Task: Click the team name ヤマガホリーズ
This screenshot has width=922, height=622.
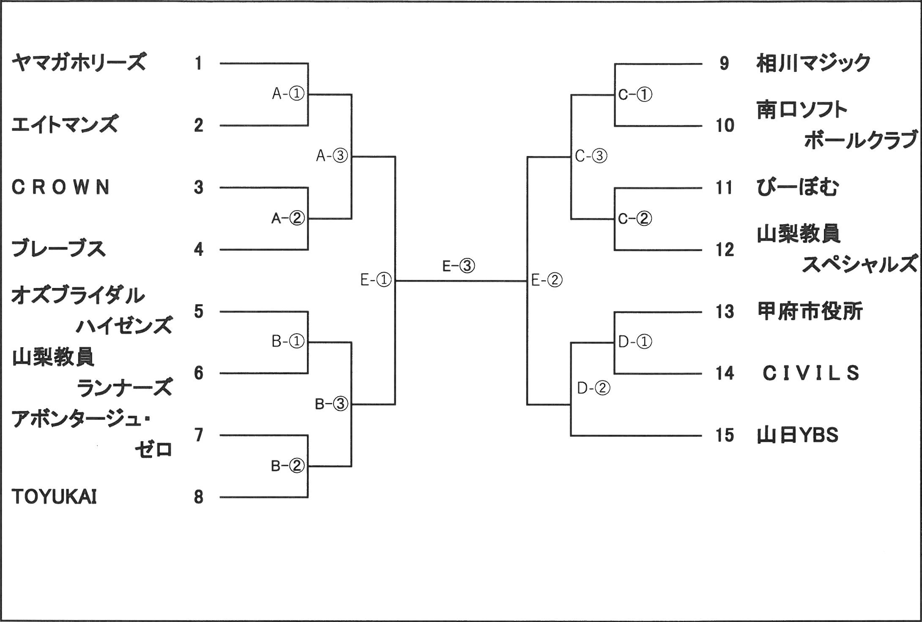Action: point(79,63)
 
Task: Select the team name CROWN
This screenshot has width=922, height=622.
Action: point(61,187)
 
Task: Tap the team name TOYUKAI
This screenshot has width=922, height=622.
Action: point(54,497)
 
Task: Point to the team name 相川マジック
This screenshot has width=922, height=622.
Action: point(813,63)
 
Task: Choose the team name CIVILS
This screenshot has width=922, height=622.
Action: point(811,373)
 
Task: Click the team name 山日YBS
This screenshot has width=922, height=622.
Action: point(797,435)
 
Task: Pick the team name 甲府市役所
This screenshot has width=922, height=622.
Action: point(810,312)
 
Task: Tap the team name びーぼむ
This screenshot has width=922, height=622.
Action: point(797,187)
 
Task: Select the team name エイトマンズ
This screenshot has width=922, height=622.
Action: point(64,125)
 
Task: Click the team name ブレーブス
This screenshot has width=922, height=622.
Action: point(58,249)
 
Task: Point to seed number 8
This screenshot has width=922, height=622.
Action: point(199,497)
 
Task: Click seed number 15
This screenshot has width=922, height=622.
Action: point(725,435)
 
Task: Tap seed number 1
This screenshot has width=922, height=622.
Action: point(198,63)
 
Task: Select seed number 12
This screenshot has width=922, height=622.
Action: point(725,250)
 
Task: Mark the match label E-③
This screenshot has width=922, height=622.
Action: point(458,266)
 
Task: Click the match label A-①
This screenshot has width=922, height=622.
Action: point(288,94)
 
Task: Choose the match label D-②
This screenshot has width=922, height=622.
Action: point(594,388)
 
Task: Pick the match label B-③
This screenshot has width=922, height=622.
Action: point(331,404)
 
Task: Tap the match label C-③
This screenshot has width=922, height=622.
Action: point(591,156)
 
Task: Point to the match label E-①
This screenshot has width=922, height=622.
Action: point(376,280)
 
